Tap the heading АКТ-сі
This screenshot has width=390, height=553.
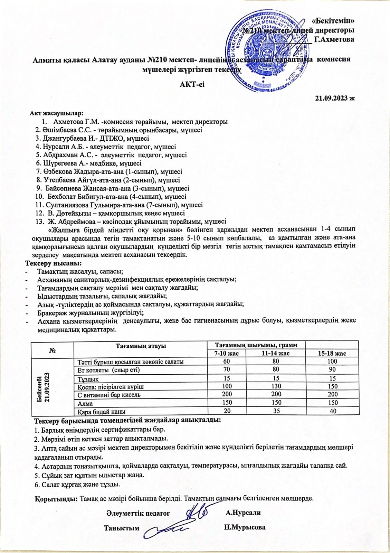tap(192, 84)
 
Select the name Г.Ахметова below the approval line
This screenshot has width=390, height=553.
tap(334, 39)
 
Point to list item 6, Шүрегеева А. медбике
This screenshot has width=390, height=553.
tap(89, 163)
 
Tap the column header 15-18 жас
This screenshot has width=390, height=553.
tap(332, 353)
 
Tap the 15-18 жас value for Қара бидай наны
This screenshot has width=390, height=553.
tap(332, 411)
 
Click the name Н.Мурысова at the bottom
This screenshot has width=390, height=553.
tap(245, 528)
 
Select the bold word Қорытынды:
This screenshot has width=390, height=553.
tap(56, 499)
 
